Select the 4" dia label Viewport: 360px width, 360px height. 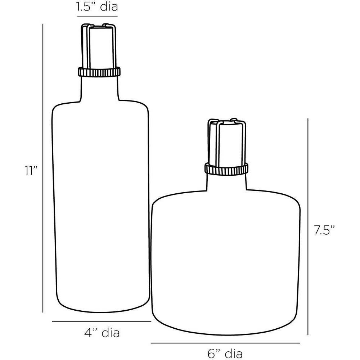pos(102,333)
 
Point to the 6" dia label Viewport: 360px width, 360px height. pos(225,353)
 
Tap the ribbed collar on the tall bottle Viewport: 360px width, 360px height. pos(99,72)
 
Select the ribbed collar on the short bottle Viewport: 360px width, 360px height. pos(226,168)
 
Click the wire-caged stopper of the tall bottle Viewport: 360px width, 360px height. pos(99,45)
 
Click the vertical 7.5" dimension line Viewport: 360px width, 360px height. pos(308,227)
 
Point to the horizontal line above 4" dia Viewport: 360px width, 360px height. pos(101,321)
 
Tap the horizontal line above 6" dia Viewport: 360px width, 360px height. pos(225,343)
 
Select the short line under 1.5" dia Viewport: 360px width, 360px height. pos(98,17)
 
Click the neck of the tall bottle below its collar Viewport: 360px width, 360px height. pos(100,88)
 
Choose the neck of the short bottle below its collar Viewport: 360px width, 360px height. pos(227,182)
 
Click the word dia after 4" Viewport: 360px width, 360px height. pos(111,333)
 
